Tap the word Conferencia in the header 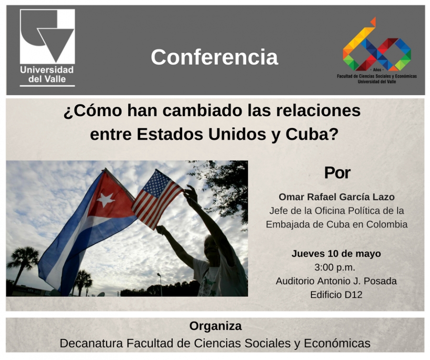(215, 57)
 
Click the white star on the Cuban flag (106, 200)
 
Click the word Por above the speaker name (337, 173)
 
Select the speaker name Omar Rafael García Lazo (336, 197)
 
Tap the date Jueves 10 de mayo (336, 254)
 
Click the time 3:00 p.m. (334, 267)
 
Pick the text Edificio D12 (336, 295)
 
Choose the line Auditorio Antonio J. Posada (336, 281)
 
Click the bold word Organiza (215, 326)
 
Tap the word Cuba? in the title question (312, 134)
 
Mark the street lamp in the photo (160, 284)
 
